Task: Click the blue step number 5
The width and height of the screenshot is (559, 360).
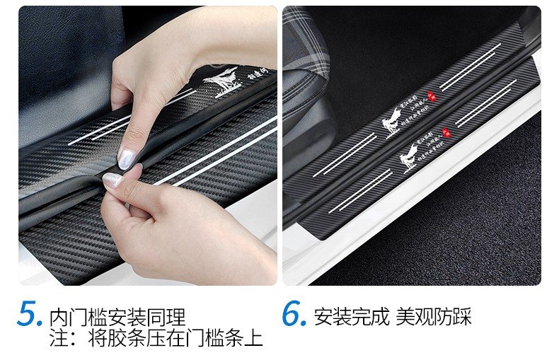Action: tap(31, 314)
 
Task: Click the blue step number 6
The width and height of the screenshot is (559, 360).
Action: tap(294, 314)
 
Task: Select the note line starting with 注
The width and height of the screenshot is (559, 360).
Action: tap(156, 338)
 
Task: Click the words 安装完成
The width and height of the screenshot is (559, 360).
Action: tap(352, 315)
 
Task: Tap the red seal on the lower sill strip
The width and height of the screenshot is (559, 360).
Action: tap(446, 132)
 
